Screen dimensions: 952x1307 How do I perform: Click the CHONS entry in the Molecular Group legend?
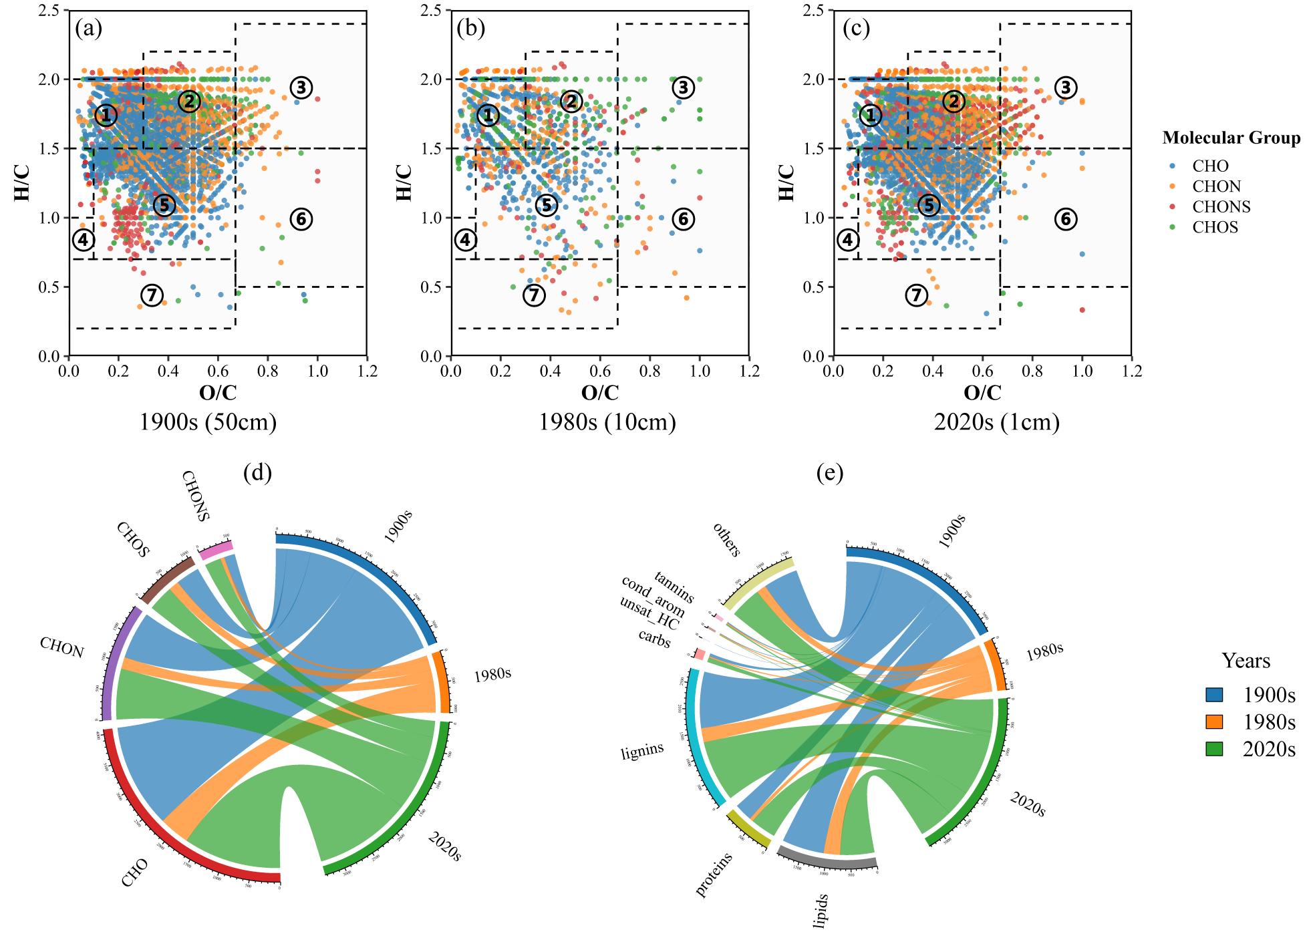coord(1221,207)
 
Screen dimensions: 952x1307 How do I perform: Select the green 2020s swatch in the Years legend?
coord(1214,749)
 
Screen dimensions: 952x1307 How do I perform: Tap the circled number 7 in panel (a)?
coord(152,295)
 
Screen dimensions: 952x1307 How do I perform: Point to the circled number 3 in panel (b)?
coord(683,87)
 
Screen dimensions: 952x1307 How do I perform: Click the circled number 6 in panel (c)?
coord(1066,218)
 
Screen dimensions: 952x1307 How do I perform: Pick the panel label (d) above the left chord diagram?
coord(257,473)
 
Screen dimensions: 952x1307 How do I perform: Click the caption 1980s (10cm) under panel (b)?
coord(607,422)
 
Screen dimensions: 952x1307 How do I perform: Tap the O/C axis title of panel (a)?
coord(218,393)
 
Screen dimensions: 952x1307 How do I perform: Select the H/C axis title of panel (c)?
coord(787,182)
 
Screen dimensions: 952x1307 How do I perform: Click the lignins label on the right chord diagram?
coord(642,752)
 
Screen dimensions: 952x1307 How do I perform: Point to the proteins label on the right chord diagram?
coord(714,875)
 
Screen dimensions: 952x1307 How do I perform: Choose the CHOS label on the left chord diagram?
coord(134,539)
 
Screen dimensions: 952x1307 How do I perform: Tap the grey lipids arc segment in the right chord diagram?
coord(827,862)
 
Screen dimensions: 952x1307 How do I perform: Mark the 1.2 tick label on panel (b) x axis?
coord(750,371)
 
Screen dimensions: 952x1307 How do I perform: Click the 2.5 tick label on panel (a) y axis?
coord(49,11)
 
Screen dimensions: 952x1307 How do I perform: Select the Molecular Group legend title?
coord(1231,138)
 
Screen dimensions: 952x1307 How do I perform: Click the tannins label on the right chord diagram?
coord(674,587)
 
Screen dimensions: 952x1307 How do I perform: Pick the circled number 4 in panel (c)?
coord(848,240)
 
